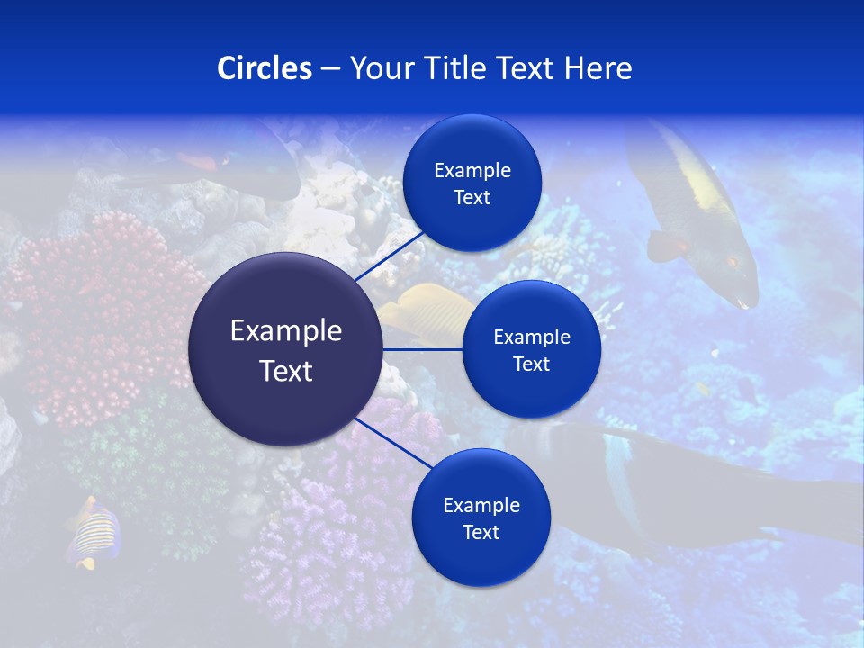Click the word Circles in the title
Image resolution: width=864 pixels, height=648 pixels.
[264, 68]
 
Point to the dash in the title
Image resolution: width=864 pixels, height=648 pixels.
[330, 69]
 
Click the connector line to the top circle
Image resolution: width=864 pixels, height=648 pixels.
[391, 255]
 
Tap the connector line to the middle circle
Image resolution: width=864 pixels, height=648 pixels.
[422, 349]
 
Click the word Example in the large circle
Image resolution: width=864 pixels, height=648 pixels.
[285, 331]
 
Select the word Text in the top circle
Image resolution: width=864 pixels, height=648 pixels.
[472, 198]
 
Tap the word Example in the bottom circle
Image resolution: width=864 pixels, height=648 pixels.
[481, 506]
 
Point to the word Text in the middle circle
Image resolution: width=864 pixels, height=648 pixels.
[531, 364]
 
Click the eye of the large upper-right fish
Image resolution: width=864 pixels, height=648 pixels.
[731, 262]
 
